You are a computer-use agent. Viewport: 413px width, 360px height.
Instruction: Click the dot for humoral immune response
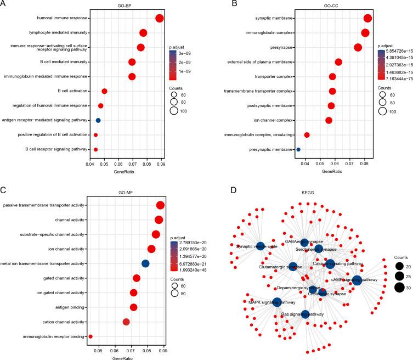point(160,19)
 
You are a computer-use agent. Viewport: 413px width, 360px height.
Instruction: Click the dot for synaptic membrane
point(367,19)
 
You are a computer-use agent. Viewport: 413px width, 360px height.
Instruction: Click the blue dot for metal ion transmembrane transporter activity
point(145,263)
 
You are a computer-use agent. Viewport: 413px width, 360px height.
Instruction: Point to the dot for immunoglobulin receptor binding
point(90,336)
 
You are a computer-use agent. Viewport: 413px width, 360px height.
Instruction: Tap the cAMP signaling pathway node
point(357,280)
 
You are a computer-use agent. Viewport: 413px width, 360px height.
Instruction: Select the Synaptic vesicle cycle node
point(260,247)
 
